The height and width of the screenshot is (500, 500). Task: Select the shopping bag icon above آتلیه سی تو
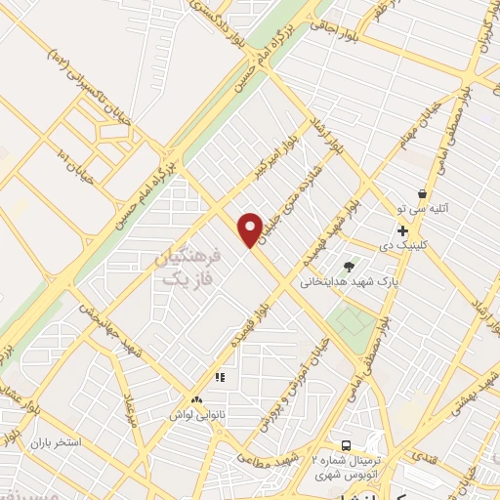(x=421, y=193)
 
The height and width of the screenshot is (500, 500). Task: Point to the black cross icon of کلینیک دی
(x=401, y=230)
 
